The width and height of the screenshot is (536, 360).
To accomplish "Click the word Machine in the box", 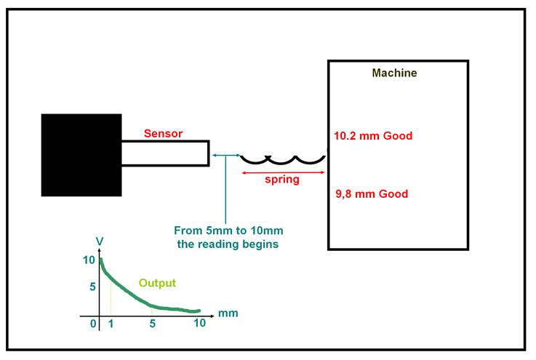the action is pos(394,73).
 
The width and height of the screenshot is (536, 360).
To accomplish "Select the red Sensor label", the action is pos(163,133).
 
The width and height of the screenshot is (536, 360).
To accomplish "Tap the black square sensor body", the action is pos(81,155).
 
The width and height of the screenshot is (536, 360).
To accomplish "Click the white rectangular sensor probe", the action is pos(165,153).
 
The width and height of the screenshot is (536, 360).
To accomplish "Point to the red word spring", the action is pos(282,180).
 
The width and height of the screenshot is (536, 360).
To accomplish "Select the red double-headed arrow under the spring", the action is pos(283,172).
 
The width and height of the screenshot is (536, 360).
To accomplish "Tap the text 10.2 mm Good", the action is pos(373,136).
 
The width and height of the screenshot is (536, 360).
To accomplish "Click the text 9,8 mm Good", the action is pos(372,194).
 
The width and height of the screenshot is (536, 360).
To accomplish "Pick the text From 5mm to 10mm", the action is pos(228,231).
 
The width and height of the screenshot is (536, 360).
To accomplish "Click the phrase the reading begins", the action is pos(228,244).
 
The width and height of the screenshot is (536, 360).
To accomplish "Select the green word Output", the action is pos(157,283).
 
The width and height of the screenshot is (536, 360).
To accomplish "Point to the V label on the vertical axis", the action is pos(100,241).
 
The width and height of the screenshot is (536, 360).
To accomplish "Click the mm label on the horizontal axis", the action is pos(228,313).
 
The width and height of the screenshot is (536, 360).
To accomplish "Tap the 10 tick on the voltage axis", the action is pos(89,260).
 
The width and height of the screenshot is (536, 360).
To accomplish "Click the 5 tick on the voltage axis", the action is pos(92,287).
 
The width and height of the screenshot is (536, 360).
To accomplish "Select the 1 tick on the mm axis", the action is pos(111,324).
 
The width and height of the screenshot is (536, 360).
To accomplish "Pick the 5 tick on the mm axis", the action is pos(153,324).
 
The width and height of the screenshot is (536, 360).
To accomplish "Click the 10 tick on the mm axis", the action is pos(199,323).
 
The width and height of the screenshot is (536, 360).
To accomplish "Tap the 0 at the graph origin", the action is pos(93,324).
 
